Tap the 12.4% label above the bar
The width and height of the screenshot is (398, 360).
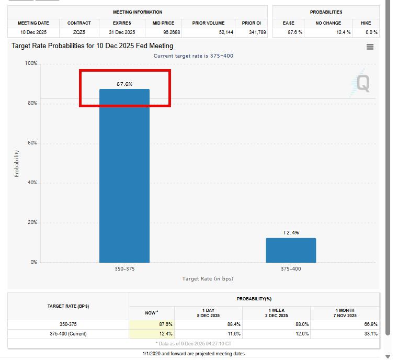tap(291, 232)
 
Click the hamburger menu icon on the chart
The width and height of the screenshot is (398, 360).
tap(370, 47)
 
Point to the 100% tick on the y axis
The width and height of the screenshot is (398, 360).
tap(31, 63)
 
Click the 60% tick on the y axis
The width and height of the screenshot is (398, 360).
tap(32, 143)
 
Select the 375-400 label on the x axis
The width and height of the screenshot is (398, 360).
tap(291, 269)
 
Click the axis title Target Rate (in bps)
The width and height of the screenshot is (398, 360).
tap(208, 279)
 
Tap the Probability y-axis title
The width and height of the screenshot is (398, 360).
tap(17, 163)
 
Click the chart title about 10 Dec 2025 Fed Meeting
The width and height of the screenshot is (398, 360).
tap(93, 46)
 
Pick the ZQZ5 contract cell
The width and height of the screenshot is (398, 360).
tap(79, 32)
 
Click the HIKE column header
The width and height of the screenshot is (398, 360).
tap(366, 23)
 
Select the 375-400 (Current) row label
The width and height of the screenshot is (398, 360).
tap(68, 334)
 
